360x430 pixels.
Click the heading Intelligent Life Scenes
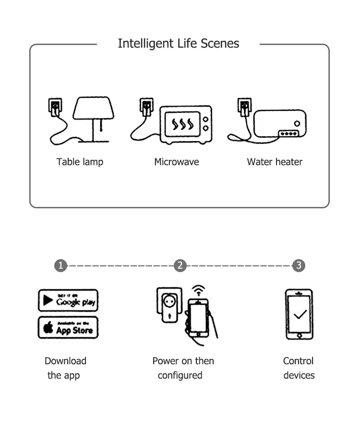(178, 44)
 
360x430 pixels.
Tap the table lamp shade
(94, 108)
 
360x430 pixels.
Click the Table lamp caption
(80, 162)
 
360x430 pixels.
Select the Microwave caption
(176, 162)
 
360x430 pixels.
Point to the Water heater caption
(275, 162)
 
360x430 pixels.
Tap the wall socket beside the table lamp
(56, 106)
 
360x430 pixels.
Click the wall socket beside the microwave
(146, 106)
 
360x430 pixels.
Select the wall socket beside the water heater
(244, 106)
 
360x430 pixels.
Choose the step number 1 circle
(60, 265)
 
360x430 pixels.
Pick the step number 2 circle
(180, 265)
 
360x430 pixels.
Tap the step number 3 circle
(299, 265)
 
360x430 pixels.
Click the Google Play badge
(68, 300)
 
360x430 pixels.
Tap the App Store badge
(68, 328)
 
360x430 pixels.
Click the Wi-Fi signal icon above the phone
(198, 291)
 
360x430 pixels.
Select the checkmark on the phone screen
(300, 315)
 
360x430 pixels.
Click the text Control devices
(299, 368)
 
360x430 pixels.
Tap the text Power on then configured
(183, 368)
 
